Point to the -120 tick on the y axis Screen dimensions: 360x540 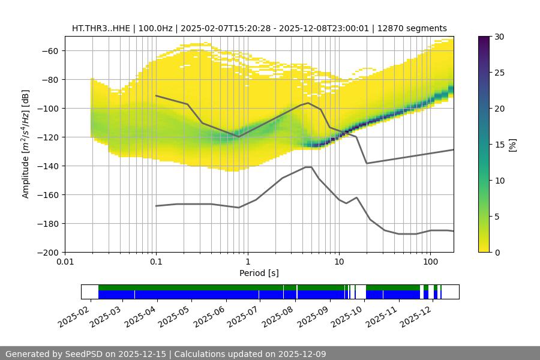[49, 137]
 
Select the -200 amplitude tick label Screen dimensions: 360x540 [49, 252]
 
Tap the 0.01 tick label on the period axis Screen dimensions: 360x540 [65, 262]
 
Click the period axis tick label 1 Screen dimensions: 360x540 [247, 262]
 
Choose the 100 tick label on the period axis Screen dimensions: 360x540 [430, 262]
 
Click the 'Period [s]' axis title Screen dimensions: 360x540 [259, 273]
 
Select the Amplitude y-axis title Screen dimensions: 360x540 [26, 144]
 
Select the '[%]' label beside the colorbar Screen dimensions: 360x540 [512, 144]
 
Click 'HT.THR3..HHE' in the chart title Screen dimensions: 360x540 [98, 28]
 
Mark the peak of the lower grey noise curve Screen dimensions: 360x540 [308, 167]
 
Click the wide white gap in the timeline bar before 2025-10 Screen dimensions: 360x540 [361, 292]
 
